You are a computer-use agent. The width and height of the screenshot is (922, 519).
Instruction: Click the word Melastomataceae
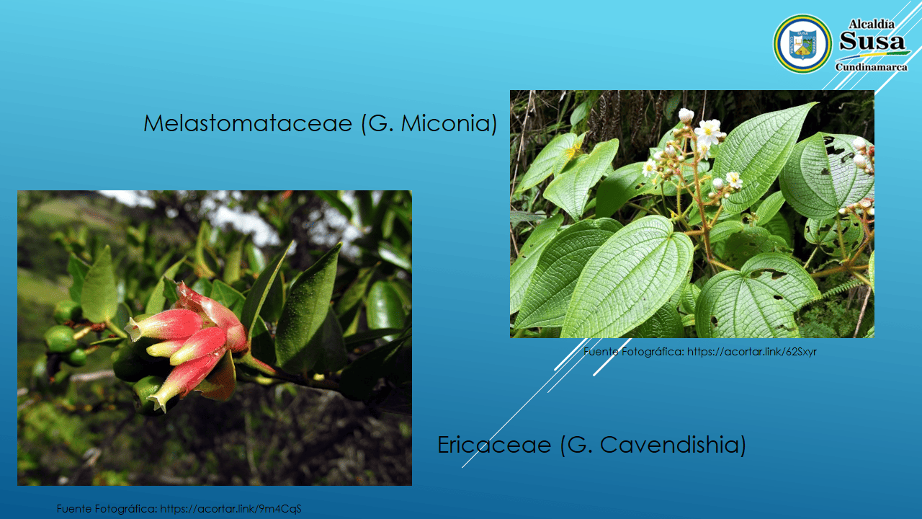coord(248,123)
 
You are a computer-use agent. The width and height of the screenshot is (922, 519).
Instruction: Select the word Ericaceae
coord(494,445)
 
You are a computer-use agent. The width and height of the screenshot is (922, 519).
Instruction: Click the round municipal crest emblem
coord(802,44)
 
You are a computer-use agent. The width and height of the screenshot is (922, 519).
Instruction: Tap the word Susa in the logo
coord(872,41)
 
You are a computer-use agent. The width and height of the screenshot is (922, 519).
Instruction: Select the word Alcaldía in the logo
coord(872,25)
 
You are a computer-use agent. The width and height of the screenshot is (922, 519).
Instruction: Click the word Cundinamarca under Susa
coord(871,67)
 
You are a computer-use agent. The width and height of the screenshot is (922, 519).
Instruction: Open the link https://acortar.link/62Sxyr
coord(751,352)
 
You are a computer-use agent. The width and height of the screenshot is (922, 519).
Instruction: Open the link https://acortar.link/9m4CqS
coord(230,509)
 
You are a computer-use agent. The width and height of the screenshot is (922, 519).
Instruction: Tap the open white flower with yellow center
coord(708,131)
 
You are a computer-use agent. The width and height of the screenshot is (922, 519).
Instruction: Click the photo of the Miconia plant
coord(692,214)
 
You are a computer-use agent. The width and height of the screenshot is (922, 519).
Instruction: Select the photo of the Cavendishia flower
coord(215,338)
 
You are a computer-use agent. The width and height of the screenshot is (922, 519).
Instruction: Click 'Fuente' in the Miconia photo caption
coord(601,352)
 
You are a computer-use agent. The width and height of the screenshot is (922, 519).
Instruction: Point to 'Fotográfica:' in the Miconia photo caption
coord(653,352)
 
